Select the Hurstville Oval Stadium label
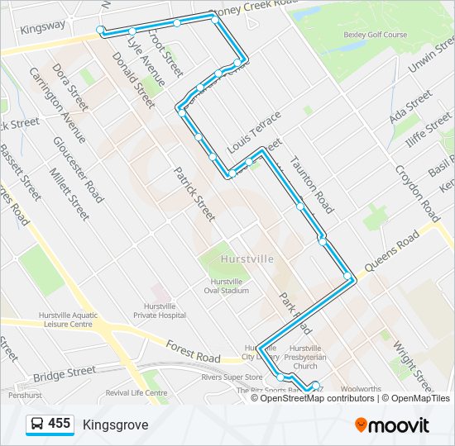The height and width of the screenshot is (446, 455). pos(226,286)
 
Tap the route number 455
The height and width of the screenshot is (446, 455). pos(60,424)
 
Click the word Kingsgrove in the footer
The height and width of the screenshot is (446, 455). pos(115,425)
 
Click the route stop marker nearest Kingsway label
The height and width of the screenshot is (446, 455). pos(101,31)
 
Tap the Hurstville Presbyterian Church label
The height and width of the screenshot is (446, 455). pos(304,357)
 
